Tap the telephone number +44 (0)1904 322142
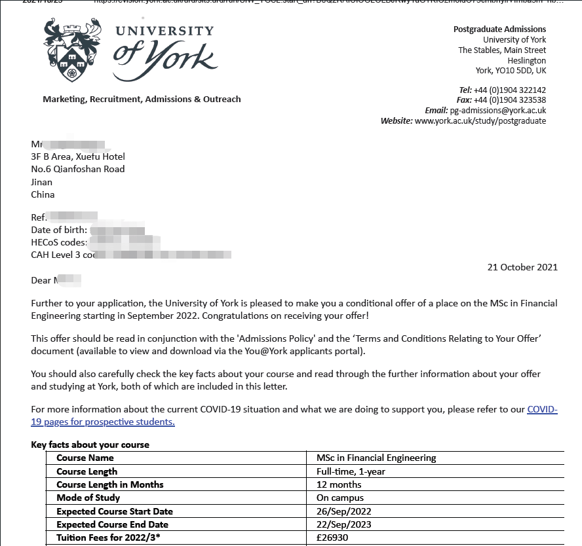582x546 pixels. click(x=510, y=90)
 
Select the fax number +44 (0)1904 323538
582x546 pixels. click(x=510, y=100)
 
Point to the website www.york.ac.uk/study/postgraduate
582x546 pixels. click(x=480, y=121)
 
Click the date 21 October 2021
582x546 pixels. click(x=522, y=267)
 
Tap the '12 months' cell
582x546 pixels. click(x=339, y=484)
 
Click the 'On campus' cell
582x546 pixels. click(x=339, y=498)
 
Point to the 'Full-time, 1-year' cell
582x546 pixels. click(x=351, y=471)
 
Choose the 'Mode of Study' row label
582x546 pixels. click(x=88, y=498)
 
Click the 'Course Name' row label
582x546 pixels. click(x=85, y=458)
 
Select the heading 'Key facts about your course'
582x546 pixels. click(x=90, y=445)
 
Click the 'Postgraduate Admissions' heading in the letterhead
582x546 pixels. click(x=499, y=29)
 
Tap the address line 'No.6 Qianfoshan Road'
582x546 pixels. click(x=77, y=169)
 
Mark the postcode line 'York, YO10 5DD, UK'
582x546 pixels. click(x=511, y=71)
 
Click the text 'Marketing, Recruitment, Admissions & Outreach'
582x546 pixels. click(x=142, y=100)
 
